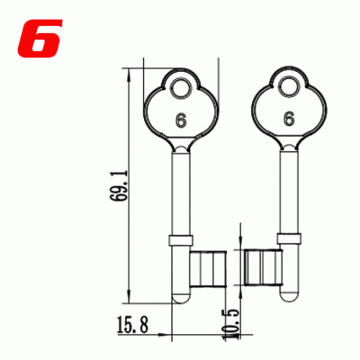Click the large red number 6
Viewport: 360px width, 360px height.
[x=36, y=35]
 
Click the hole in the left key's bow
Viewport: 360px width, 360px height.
[x=183, y=88]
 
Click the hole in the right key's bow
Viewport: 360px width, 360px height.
[x=289, y=88]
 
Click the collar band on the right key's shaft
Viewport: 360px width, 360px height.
[x=289, y=238]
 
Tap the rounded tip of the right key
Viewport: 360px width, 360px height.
[x=289, y=297]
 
